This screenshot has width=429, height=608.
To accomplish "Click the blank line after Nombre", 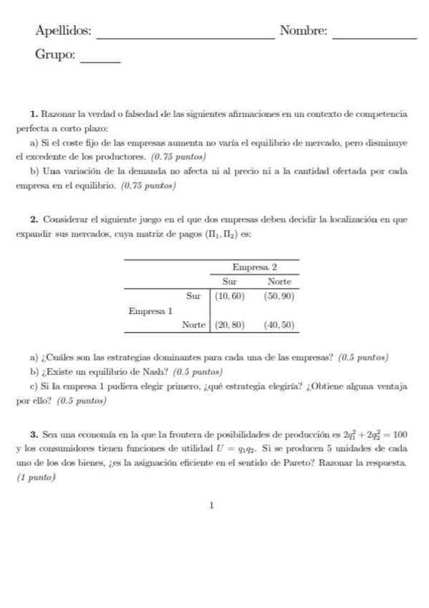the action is pyautogui.click(x=375, y=37).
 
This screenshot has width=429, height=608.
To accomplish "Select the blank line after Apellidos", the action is pyautogui.click(x=185, y=37).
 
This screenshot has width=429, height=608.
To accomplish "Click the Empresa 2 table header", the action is pyautogui.click(x=254, y=267).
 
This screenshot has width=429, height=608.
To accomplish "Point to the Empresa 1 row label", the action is pyautogui.click(x=150, y=310).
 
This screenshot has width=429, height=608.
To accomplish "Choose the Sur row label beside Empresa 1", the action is pyautogui.click(x=193, y=295).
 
